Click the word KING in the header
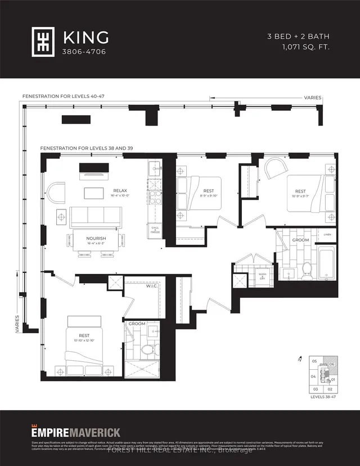point(86,38)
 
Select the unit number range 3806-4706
point(80,51)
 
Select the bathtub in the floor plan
point(326,266)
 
